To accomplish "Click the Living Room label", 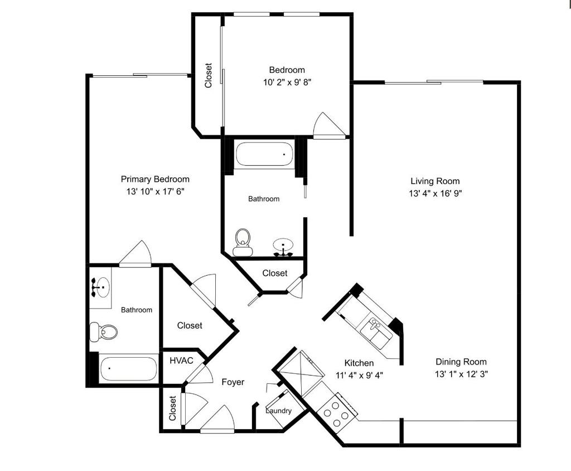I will coord(435,181).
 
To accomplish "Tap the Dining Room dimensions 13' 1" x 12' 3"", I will coord(461,374).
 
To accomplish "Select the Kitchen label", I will coord(359,363).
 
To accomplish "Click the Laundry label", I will coord(278,411).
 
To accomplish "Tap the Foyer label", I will coord(233,382).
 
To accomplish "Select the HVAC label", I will coord(181,361).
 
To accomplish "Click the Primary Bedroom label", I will coord(155,179).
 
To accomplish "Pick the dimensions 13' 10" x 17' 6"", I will coord(155,191).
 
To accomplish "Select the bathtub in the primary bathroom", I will coord(128,369).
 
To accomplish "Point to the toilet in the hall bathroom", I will coord(243,241).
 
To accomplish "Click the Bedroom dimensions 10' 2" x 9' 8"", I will coord(287,82).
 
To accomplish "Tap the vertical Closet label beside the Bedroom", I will coord(209,75).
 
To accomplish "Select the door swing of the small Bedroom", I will coord(328,126).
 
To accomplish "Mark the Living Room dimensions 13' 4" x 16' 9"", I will coord(435,194).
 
